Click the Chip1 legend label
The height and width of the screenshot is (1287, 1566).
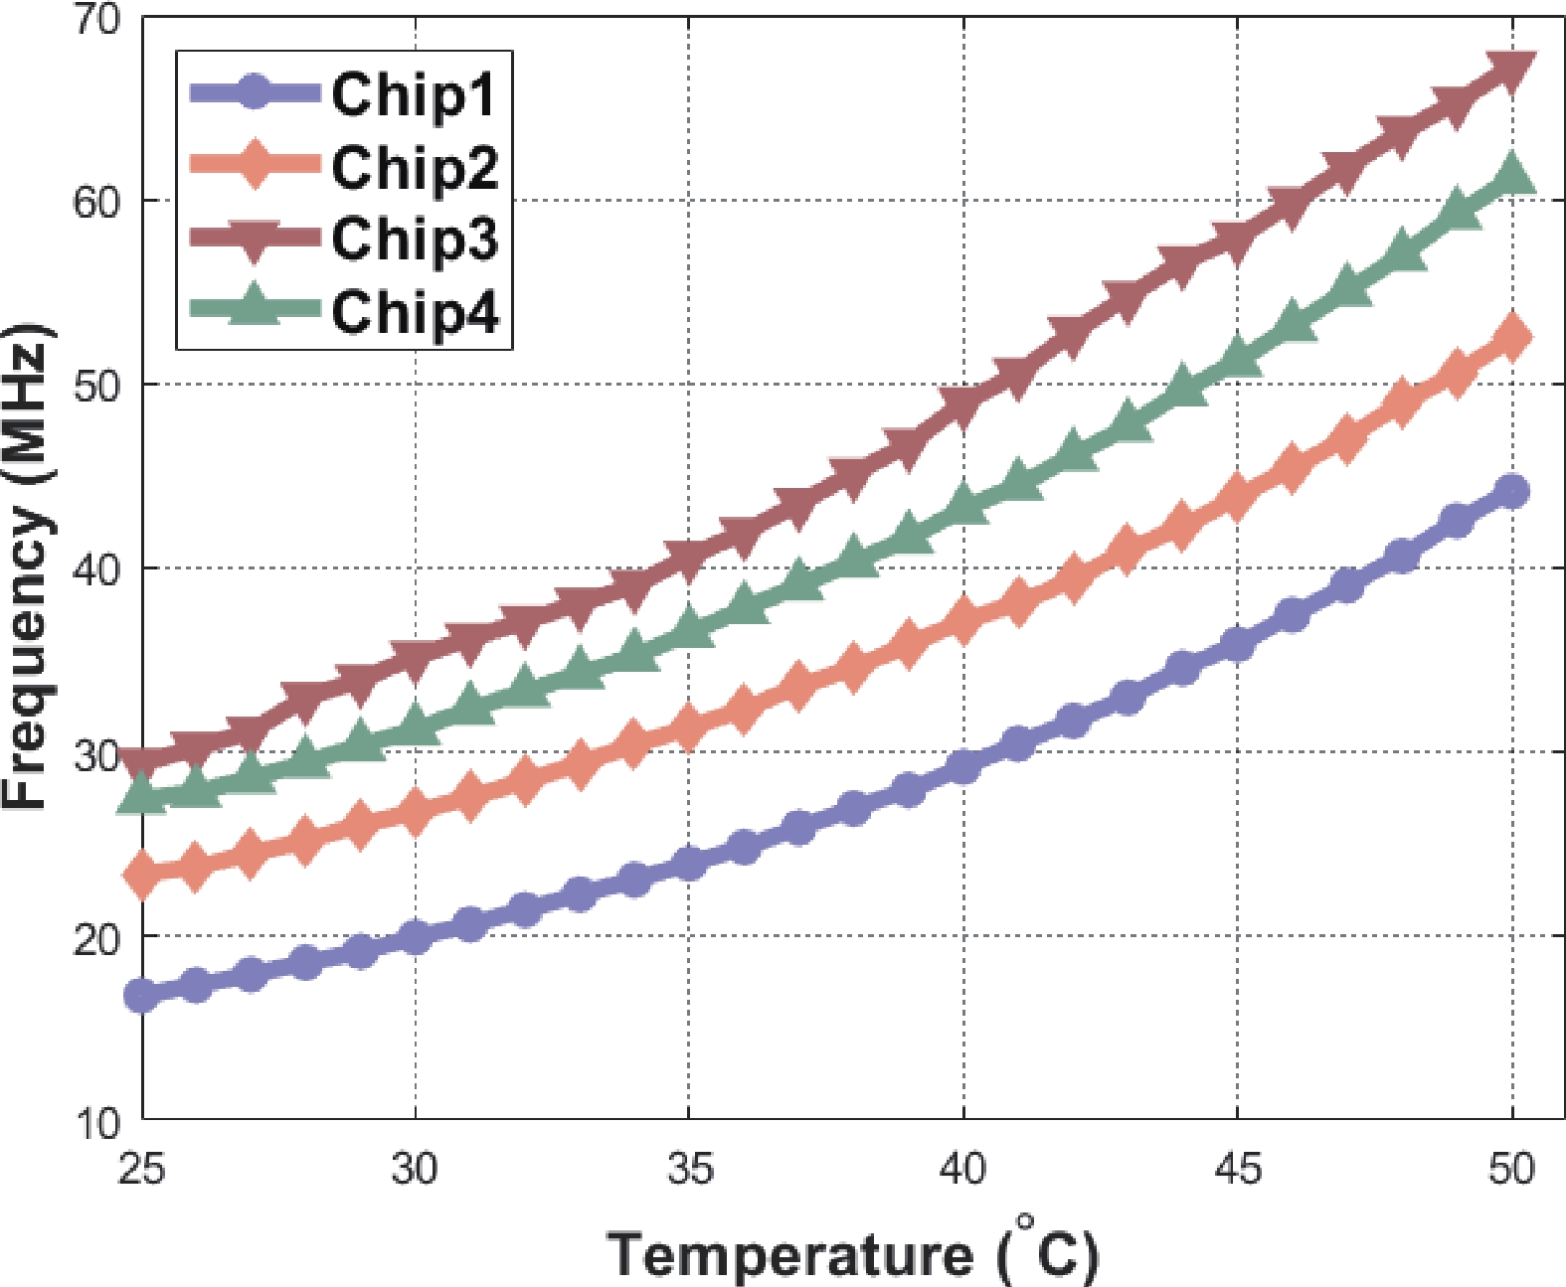(x=413, y=95)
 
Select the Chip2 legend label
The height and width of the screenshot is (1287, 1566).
(x=415, y=167)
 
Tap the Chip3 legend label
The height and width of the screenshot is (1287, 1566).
(x=415, y=240)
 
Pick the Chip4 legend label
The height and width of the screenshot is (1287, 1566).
(x=415, y=312)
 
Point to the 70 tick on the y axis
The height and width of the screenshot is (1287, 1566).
(x=96, y=20)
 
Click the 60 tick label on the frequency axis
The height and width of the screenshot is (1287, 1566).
(x=96, y=202)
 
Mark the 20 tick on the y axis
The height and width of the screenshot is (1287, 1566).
(x=96, y=937)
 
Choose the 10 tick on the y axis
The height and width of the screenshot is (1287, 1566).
(x=96, y=1123)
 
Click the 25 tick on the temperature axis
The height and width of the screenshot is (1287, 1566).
(x=141, y=1169)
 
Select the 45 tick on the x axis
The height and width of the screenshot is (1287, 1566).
(x=1238, y=1169)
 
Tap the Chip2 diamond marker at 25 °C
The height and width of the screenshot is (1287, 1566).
(x=142, y=875)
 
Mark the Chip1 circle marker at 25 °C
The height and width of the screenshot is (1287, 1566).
(x=142, y=995)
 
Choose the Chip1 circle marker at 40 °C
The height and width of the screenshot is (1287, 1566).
(x=963, y=766)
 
